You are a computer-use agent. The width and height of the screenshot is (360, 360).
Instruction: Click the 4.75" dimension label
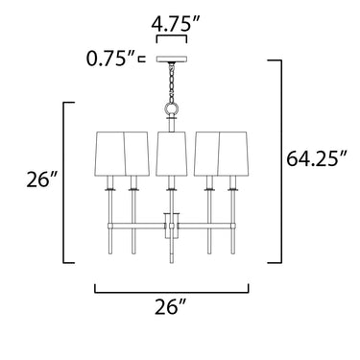tap(176, 23)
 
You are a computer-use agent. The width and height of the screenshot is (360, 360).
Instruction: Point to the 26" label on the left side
tap(42, 180)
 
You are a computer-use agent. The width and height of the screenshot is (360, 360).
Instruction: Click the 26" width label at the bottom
tap(171, 307)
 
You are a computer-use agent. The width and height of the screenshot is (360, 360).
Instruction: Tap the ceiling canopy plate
tap(172, 60)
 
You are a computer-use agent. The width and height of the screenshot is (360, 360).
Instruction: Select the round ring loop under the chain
tap(172, 108)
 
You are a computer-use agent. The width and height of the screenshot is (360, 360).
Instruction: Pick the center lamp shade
tap(171, 153)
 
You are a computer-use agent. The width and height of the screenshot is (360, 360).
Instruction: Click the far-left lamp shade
tap(110, 153)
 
